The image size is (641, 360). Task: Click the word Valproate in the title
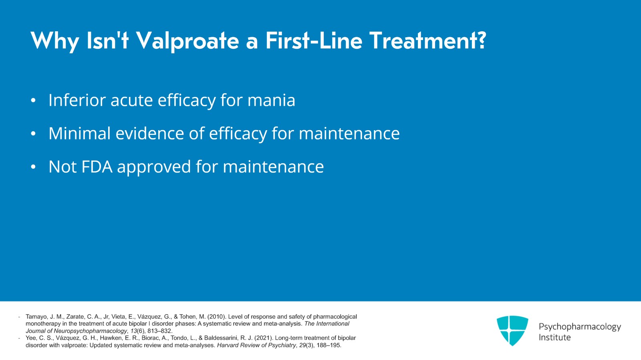[x=187, y=41]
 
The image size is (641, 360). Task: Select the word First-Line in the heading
[x=313, y=41]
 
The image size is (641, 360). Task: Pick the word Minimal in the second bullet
[x=79, y=133]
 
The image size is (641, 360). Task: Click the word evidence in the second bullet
[x=149, y=133]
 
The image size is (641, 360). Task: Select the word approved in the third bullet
[x=153, y=167]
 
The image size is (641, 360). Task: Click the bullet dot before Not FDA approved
[x=33, y=167]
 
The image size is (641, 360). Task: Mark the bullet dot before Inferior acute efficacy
[x=33, y=101]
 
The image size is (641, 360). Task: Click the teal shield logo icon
[x=512, y=330]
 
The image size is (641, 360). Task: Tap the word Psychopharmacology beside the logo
[x=579, y=327]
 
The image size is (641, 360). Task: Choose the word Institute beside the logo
[x=554, y=338]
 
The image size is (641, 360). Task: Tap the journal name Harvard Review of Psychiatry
[x=256, y=345]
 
